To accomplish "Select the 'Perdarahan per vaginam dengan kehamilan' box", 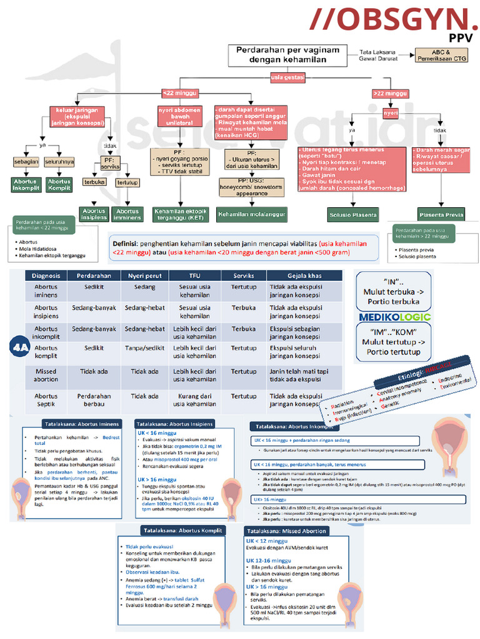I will pos(287,54).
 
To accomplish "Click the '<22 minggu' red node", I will pos(180,93).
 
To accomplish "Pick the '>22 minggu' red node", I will pos(390,93).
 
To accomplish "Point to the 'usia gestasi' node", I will pos(287,77).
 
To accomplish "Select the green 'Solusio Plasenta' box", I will pos(353,215).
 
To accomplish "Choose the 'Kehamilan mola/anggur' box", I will pos(252,215).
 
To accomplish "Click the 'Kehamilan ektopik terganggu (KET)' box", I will pos(181,215).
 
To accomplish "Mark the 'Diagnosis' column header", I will pos(46,275).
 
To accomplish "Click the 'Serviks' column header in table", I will pos(243,275).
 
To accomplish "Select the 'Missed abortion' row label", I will pos(46,375).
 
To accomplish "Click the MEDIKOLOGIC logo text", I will pos(394,318).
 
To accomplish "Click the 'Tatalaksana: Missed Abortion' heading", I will pos(287,531).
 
